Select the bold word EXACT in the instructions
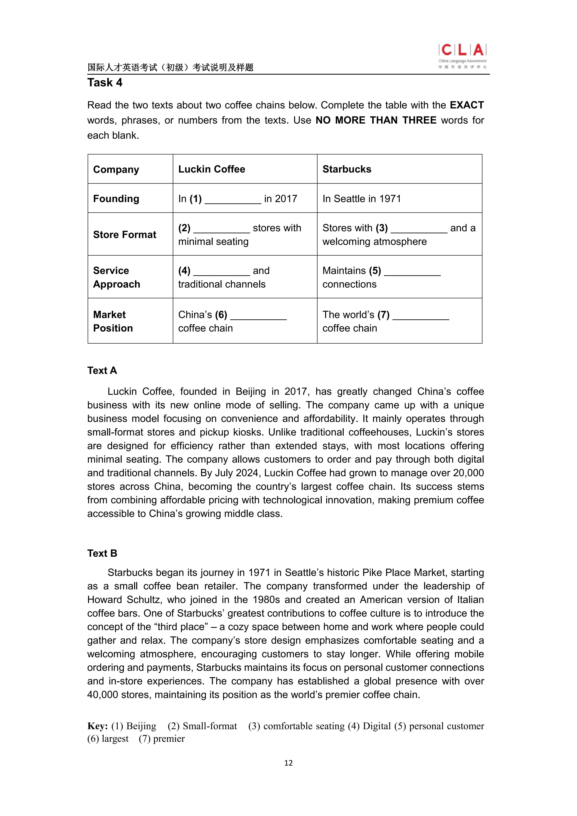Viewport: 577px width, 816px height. pyautogui.click(x=466, y=105)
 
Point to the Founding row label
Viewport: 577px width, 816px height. pyautogui.click(x=116, y=199)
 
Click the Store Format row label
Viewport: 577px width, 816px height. pyautogui.click(x=124, y=235)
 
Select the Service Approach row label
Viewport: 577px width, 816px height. pyautogui.click(x=117, y=277)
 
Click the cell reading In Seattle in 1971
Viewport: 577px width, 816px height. pyautogui.click(x=362, y=199)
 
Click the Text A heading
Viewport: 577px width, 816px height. pyautogui.click(x=102, y=371)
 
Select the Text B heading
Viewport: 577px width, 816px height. pyautogui.click(x=102, y=553)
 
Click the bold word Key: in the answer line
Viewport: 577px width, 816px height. pyautogui.click(x=98, y=726)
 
